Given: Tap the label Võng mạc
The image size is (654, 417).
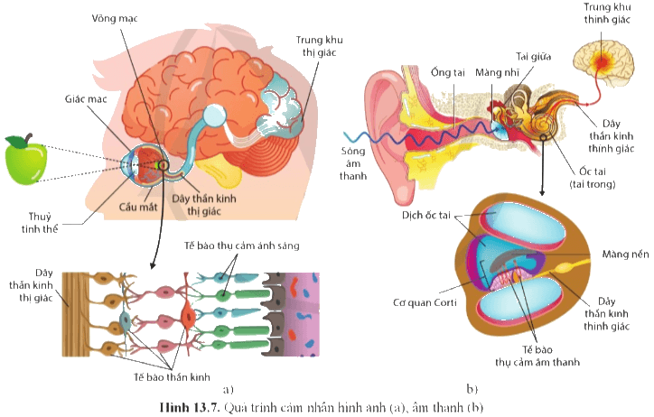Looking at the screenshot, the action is point(115,18).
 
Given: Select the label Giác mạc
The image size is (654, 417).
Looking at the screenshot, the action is point(86,99).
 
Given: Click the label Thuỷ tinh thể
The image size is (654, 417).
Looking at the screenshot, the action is point(40,223).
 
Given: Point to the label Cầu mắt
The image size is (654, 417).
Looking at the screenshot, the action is point(138,207).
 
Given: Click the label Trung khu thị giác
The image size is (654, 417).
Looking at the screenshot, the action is point(320,46).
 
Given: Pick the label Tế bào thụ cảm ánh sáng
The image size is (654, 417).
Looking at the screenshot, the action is point(242,246).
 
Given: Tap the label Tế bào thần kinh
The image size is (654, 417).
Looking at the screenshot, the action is point(172,377).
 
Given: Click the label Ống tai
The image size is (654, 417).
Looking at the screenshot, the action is point(447,72).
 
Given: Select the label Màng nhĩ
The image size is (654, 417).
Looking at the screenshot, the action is point(497,72).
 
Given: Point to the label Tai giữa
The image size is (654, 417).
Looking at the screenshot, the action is point(534,56).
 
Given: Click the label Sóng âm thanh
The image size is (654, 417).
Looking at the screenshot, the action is point(353,163).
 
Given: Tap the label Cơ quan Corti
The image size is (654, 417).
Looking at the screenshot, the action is point(425,302).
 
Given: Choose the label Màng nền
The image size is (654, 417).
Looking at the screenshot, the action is point(625,255).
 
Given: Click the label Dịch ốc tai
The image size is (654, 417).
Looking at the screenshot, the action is point(425,216).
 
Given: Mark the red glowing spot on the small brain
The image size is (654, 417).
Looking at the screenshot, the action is point(601,61).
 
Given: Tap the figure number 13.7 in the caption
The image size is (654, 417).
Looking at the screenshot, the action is point(206,407).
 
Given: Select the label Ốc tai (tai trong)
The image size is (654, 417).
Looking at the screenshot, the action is point(593,178).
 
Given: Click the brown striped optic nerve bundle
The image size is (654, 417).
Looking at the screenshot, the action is point(76,314).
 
